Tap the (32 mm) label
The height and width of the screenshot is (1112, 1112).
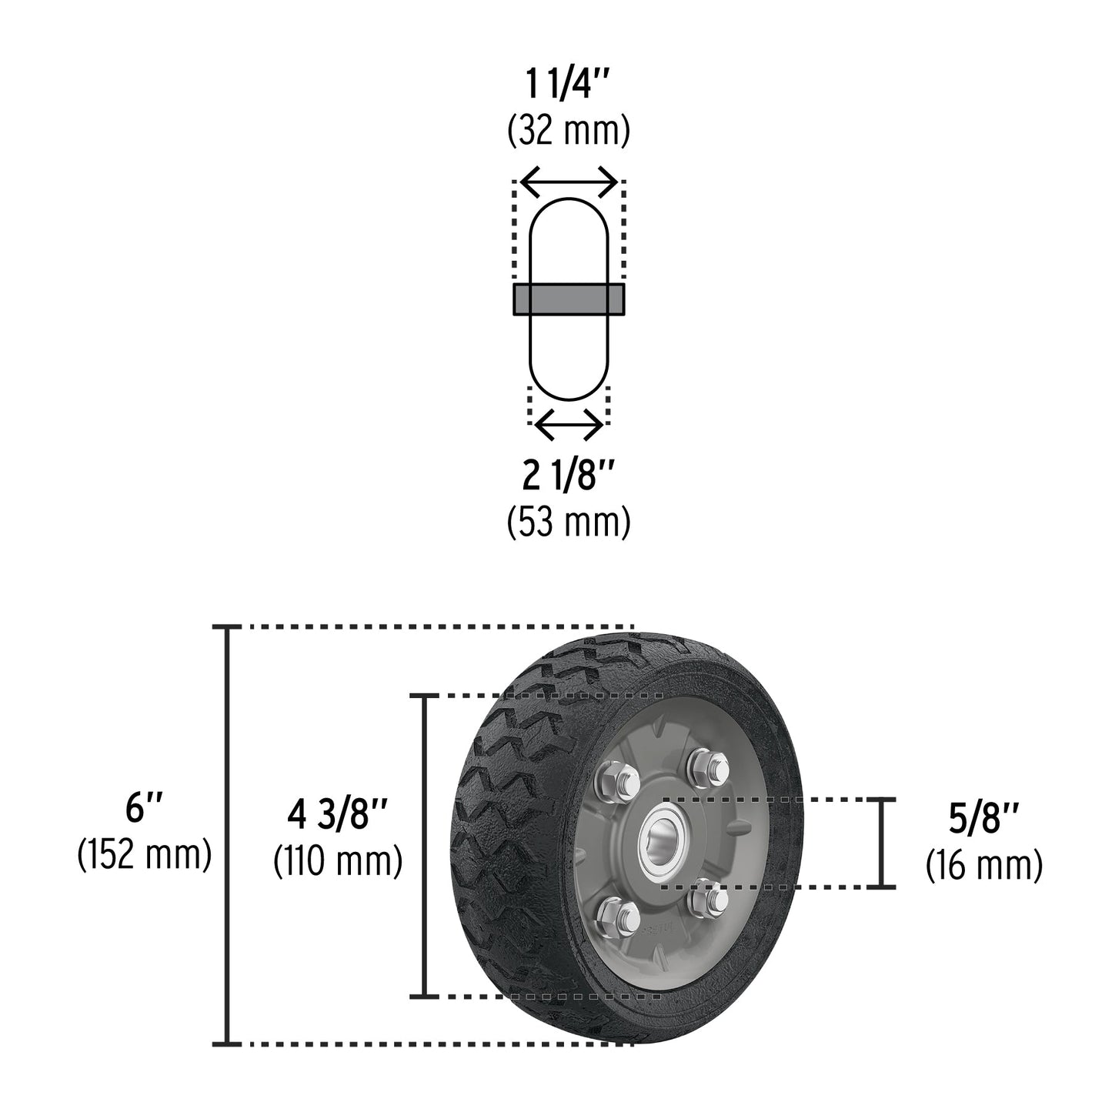569,132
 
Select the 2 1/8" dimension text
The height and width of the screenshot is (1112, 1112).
569,479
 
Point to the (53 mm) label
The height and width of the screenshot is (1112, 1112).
569,522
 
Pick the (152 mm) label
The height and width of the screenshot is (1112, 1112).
144,855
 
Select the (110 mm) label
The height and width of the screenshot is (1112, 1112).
337,861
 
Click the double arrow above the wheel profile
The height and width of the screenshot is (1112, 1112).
569,182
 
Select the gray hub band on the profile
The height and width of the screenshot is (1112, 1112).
569,299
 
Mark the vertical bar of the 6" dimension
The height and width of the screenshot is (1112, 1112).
226,836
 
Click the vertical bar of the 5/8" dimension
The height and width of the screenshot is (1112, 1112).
883,843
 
